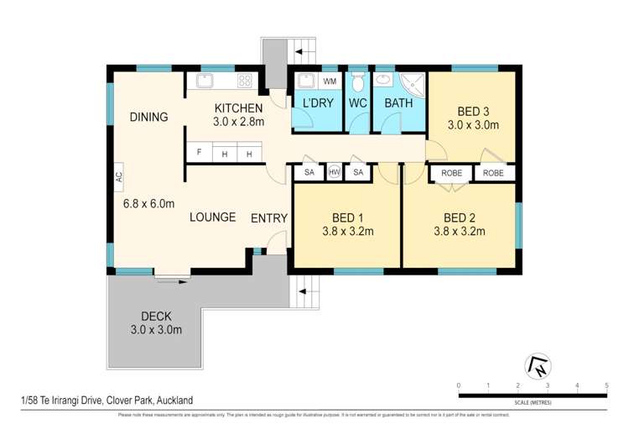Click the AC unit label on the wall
[119, 177]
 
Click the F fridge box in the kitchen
[199, 154]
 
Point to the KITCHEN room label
[239, 108]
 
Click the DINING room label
[149, 117]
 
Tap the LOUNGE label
[212, 217]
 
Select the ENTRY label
[269, 218]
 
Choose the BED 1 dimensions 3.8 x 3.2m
[348, 232]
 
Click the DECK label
[156, 316]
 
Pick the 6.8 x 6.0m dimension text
[148, 203]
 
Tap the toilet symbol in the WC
[358, 82]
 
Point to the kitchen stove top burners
[245, 81]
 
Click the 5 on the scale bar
[606, 385]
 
